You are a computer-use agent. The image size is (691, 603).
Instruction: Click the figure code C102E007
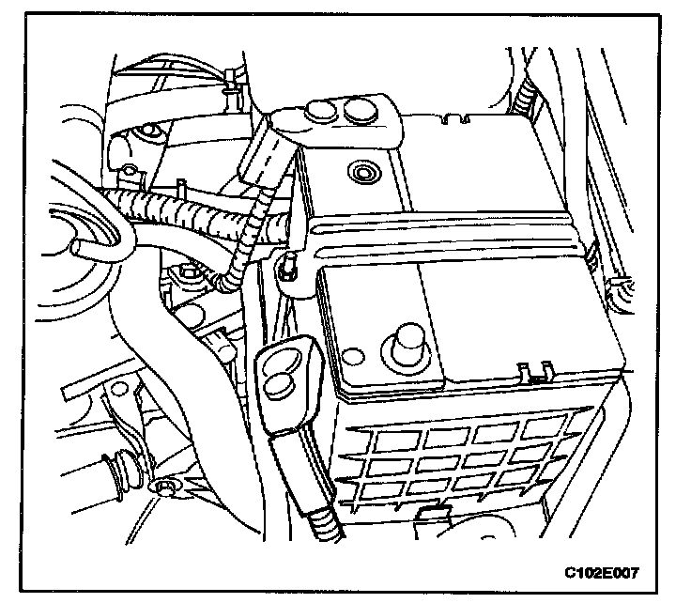coord(607,570)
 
